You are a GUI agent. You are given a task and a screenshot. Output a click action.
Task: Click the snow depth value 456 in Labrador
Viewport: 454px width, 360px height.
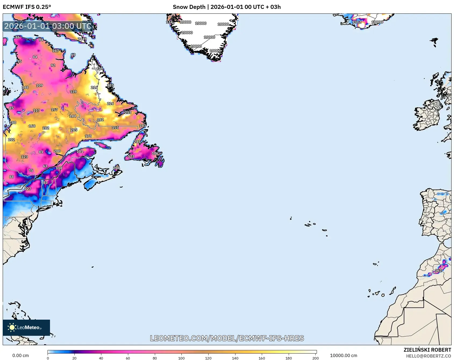point(99,68)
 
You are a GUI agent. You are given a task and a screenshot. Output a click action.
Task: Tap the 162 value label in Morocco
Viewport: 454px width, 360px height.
point(438,270)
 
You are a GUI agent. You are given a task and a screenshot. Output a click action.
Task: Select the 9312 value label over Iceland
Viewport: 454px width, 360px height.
point(356,22)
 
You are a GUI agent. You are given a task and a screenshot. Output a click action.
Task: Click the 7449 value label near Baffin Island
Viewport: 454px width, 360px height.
point(82,39)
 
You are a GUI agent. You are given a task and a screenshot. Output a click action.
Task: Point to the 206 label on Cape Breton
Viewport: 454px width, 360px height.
point(116,168)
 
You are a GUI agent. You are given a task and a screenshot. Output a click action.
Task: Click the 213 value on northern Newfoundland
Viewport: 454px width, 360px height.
point(137,142)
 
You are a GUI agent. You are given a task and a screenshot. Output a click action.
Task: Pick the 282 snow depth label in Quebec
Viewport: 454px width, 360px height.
point(46,128)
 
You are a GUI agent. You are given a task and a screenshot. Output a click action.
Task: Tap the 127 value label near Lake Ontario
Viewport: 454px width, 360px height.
point(28,189)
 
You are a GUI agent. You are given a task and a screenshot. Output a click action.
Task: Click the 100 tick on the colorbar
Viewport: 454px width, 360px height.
point(181,358)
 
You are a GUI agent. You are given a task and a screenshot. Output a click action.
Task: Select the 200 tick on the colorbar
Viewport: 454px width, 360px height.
point(316,358)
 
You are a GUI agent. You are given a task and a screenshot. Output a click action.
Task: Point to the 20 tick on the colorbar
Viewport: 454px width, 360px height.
point(74,358)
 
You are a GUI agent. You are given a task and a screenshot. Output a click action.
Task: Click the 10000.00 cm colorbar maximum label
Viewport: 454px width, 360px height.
point(344,355)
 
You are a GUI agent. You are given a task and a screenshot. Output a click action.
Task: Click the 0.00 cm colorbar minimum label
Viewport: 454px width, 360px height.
point(20,355)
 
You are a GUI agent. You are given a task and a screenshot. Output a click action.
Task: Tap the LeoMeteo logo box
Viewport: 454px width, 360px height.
point(26,327)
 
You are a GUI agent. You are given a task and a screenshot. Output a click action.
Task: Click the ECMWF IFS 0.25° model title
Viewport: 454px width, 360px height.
point(27,7)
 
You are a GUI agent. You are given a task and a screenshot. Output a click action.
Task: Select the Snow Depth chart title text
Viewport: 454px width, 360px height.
point(227,7)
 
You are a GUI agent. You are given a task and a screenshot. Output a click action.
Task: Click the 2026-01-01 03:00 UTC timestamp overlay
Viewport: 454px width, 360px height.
point(48,26)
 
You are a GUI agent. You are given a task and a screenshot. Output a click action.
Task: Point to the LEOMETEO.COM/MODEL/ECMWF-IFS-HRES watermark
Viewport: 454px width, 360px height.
point(227,338)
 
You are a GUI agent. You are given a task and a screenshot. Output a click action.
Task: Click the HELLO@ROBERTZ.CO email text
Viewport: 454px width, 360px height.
point(428,356)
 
